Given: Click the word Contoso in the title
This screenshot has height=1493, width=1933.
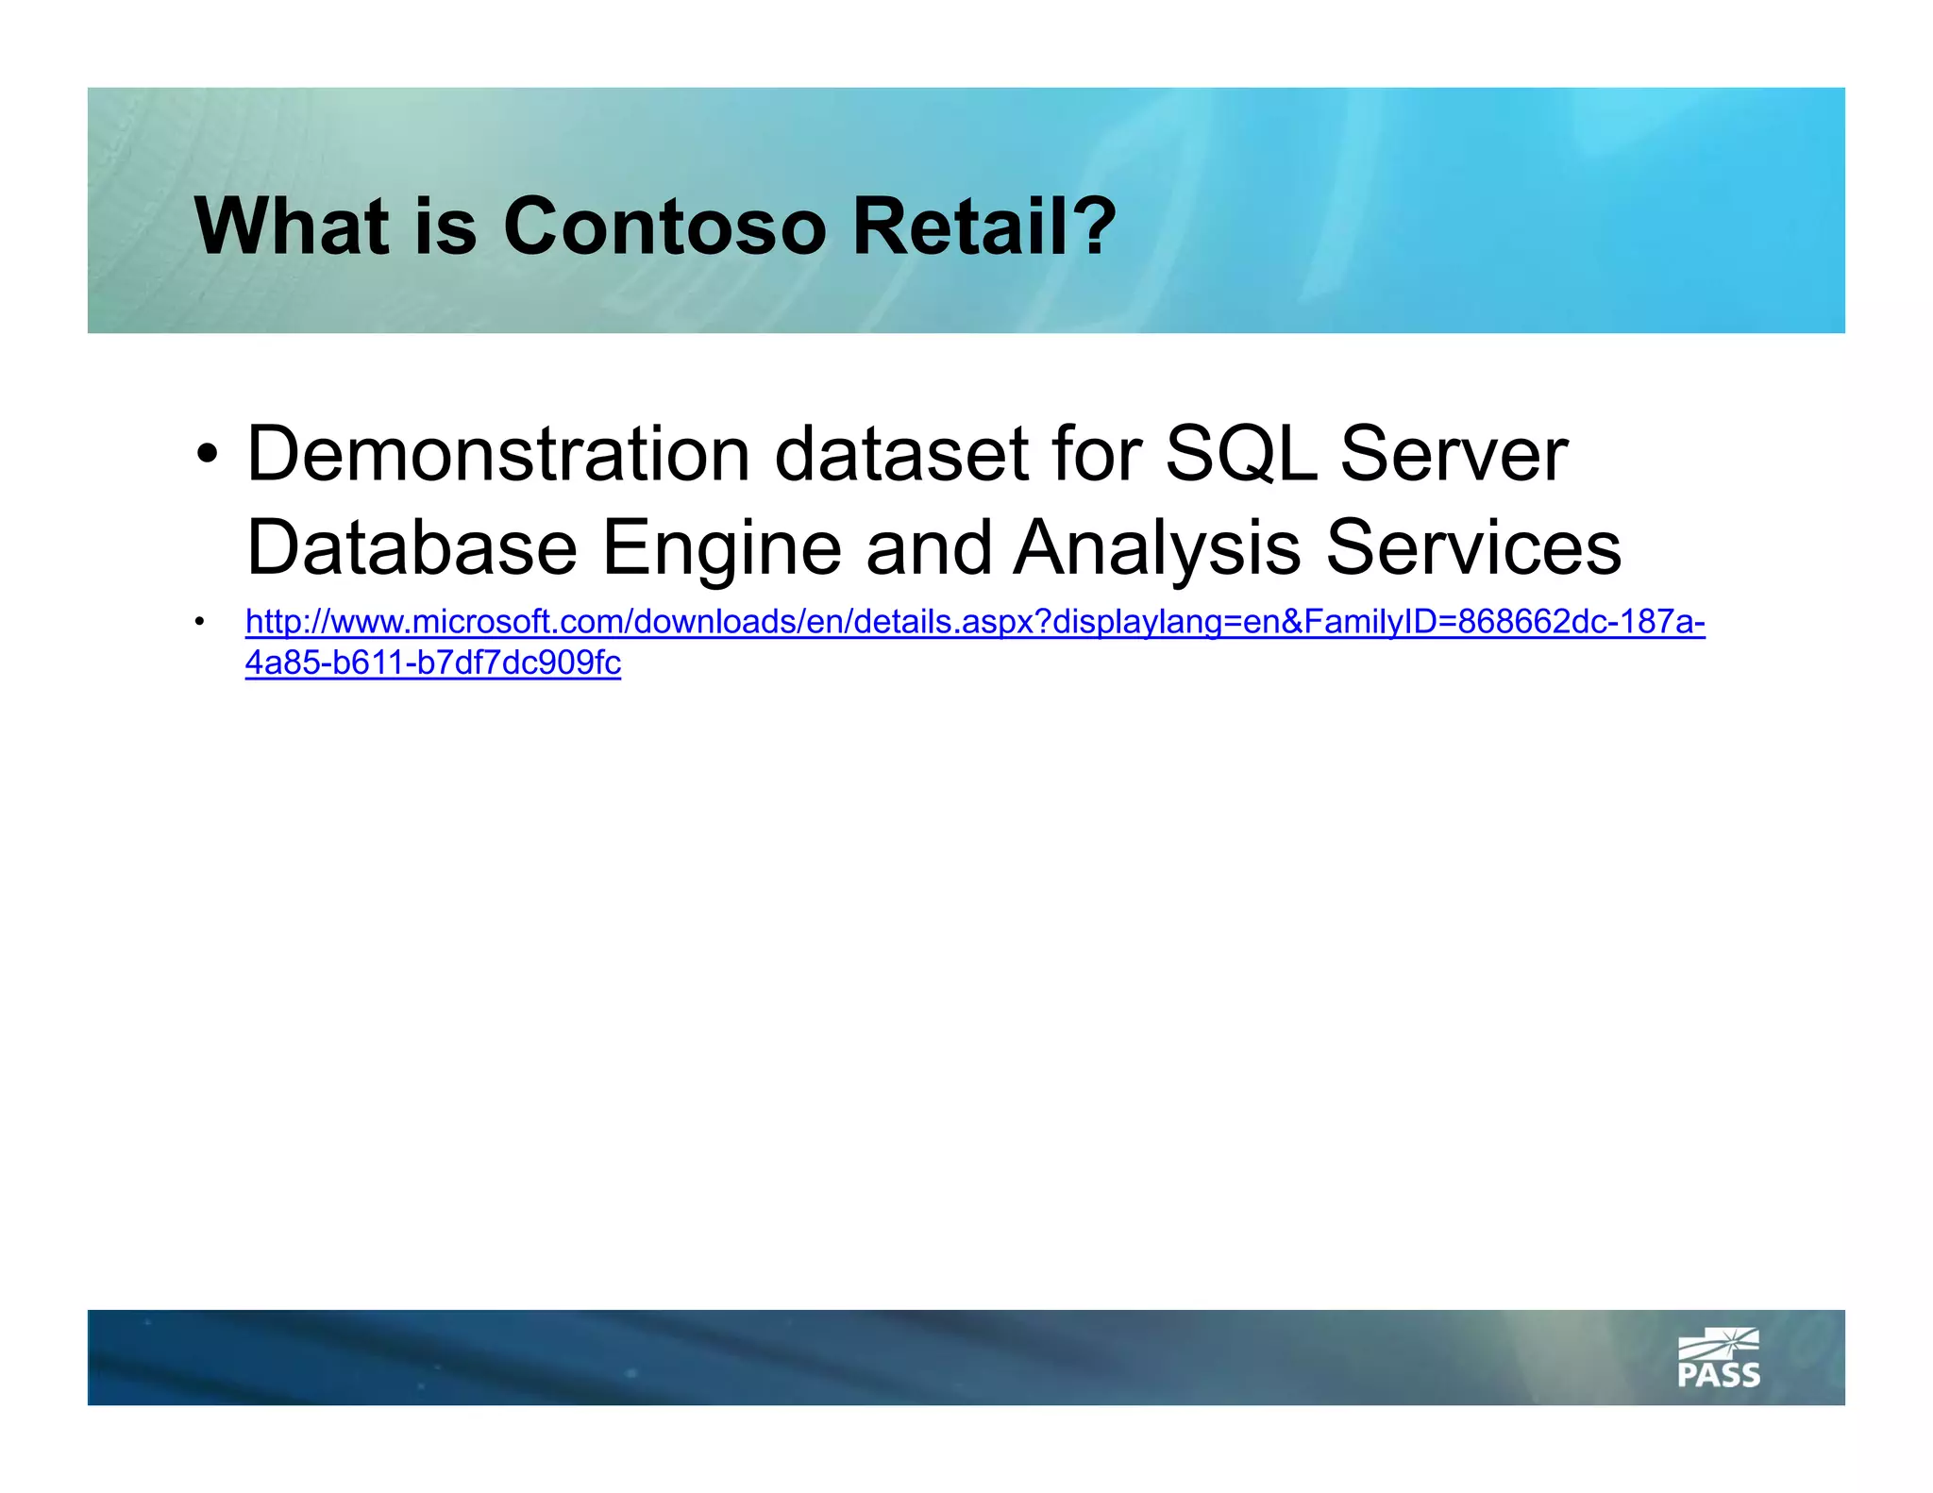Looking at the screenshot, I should [664, 226].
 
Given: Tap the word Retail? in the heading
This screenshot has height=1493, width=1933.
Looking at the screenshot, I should [983, 226].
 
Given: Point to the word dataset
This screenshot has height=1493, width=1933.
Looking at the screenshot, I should [901, 455].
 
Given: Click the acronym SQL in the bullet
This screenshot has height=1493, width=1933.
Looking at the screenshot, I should [1240, 455].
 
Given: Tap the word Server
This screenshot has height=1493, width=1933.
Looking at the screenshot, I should [1454, 455].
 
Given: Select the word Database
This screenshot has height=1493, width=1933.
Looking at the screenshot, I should [412, 547].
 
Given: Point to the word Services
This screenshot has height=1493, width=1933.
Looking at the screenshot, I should [1473, 547].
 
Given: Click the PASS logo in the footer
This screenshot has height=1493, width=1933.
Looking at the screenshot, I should [1718, 1358].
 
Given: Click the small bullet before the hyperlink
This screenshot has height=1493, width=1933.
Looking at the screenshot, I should [199, 622].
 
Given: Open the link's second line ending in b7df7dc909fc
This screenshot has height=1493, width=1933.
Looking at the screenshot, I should [433, 663].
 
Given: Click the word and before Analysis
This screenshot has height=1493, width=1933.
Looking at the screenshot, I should [929, 547].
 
